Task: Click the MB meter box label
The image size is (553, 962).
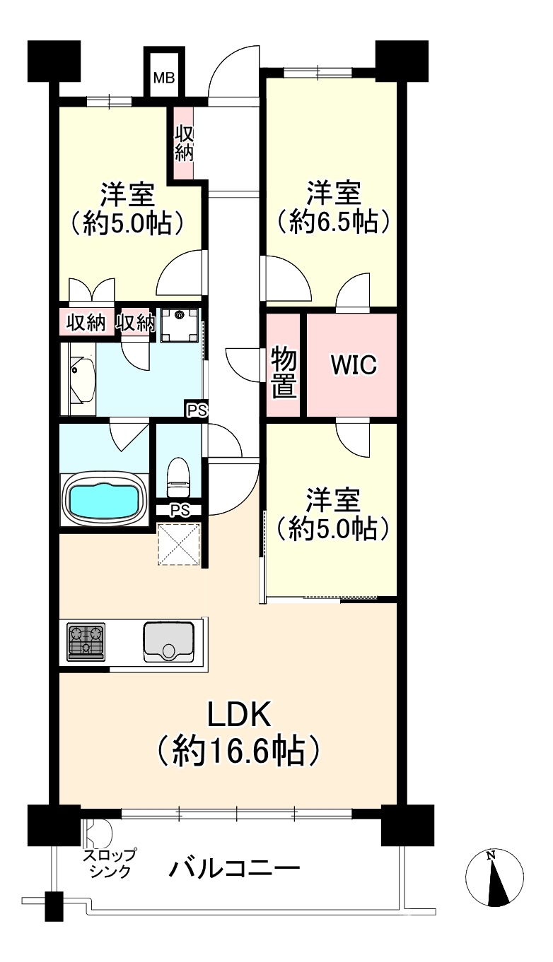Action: point(164,78)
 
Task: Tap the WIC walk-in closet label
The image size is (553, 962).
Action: point(354,364)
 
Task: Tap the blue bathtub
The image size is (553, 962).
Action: point(102,499)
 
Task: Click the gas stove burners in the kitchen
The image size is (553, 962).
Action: point(86,641)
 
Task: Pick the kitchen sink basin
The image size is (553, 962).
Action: point(168,641)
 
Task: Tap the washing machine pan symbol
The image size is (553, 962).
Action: point(180,325)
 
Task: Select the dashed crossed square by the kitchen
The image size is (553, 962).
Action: point(180,545)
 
